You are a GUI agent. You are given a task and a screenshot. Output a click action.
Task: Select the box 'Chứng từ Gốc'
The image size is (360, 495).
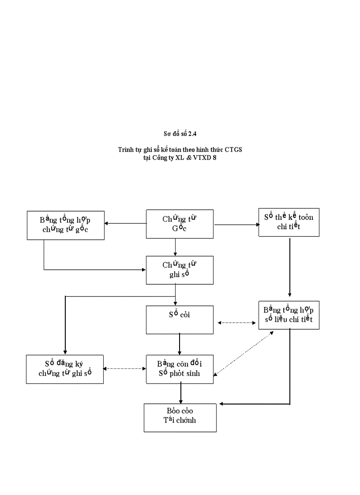[x=180, y=224]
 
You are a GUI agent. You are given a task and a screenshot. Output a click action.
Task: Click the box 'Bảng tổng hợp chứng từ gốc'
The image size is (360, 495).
[x=65, y=225]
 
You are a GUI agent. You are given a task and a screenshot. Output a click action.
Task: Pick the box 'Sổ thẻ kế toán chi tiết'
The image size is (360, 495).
[x=289, y=222]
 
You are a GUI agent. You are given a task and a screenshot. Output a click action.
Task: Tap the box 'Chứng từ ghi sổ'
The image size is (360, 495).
[x=180, y=270]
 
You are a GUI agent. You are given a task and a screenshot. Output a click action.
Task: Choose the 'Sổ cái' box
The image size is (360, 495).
[x=180, y=319]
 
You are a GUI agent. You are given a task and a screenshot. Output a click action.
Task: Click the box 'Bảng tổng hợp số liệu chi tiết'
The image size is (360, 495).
[x=289, y=315]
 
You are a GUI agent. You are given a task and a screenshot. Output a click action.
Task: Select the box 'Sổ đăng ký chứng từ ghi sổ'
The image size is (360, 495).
[x=65, y=369]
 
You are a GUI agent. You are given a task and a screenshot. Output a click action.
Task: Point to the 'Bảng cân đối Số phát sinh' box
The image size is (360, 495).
[x=180, y=369]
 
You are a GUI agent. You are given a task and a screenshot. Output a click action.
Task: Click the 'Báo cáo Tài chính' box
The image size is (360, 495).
[x=180, y=417]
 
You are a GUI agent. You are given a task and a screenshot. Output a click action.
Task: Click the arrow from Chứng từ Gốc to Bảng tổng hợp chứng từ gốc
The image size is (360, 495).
[x=125, y=223]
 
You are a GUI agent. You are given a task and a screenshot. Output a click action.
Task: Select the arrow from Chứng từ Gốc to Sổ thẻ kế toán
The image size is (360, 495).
[x=236, y=224]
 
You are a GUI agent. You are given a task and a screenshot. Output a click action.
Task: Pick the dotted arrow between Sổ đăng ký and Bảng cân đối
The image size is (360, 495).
[x=125, y=368]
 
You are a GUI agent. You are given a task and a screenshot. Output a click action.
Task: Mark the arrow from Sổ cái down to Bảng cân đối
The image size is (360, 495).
[x=180, y=344]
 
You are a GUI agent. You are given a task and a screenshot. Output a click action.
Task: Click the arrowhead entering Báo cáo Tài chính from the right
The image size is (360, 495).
[x=222, y=404]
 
